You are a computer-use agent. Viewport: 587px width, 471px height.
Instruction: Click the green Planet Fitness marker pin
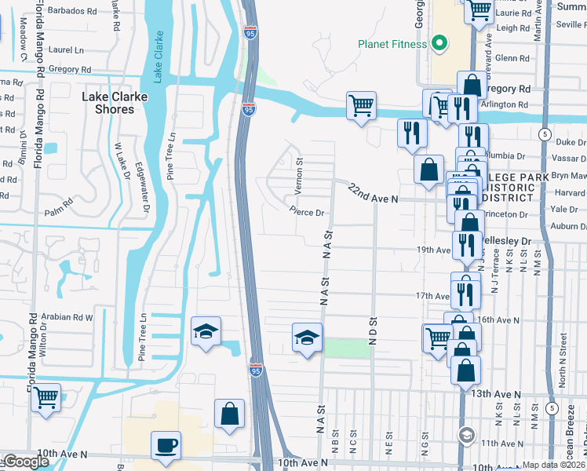point(440,43)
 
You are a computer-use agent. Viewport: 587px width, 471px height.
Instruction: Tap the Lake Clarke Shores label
point(108,103)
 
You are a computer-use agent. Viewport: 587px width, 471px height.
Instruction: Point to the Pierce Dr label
point(306,212)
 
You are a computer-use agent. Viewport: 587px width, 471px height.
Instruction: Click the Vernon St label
point(298,176)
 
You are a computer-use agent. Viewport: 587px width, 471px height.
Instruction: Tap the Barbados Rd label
point(73,12)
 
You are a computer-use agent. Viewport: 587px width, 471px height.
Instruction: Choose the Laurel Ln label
point(66,49)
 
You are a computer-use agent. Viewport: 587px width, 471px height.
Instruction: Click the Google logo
point(26,462)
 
